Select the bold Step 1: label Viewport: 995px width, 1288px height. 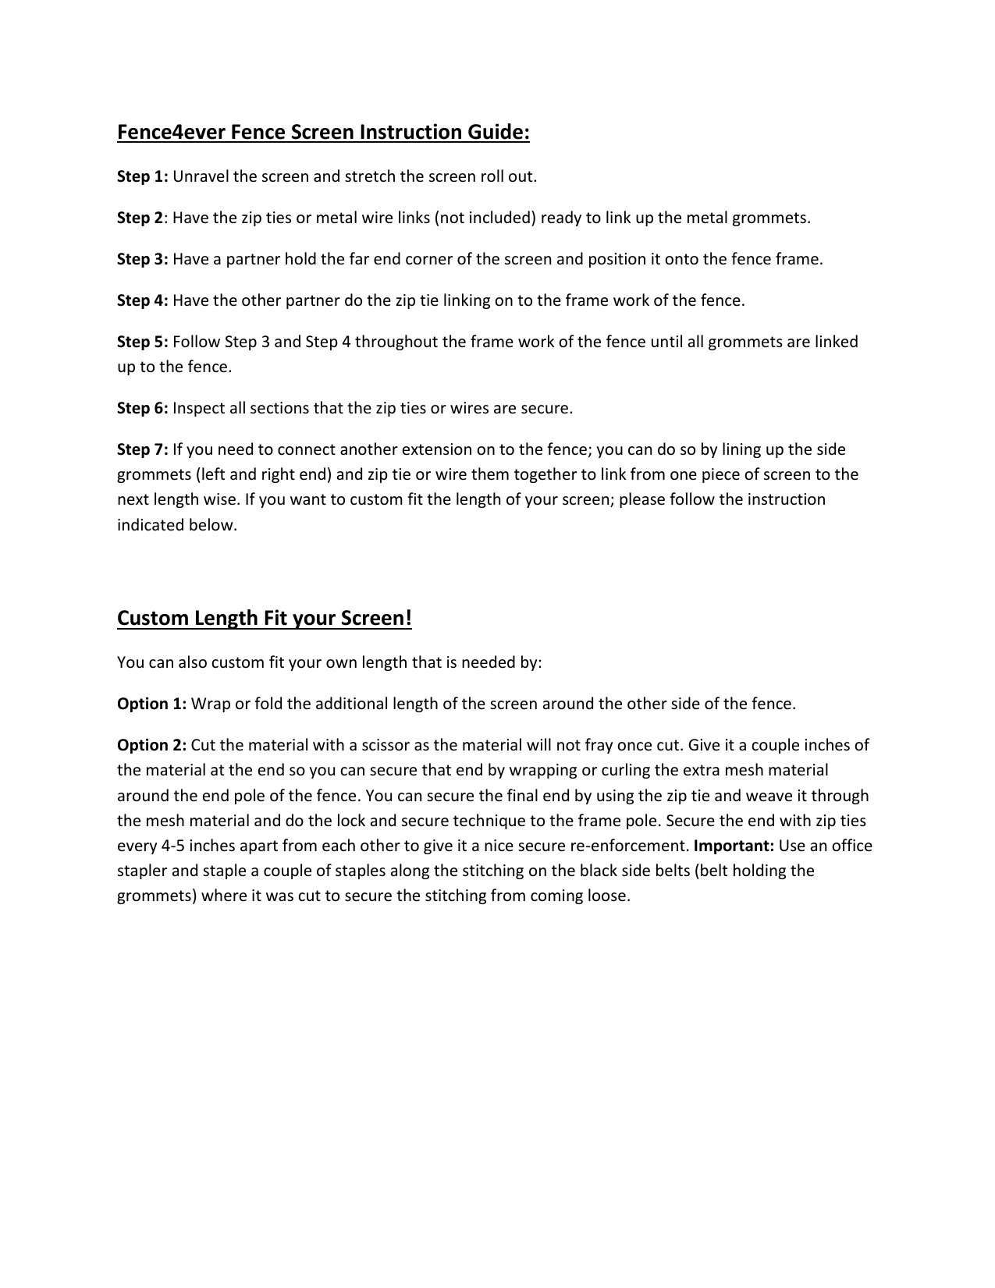click(x=143, y=176)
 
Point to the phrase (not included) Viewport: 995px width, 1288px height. click(x=485, y=218)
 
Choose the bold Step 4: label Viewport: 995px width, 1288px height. click(x=143, y=300)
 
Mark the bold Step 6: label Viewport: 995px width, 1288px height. click(x=143, y=408)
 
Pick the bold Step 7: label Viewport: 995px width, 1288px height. click(x=143, y=449)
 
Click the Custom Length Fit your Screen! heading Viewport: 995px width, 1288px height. click(x=264, y=619)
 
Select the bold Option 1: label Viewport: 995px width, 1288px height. click(x=151, y=704)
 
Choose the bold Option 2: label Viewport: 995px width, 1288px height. click(x=151, y=745)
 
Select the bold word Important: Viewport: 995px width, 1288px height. click(x=734, y=846)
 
